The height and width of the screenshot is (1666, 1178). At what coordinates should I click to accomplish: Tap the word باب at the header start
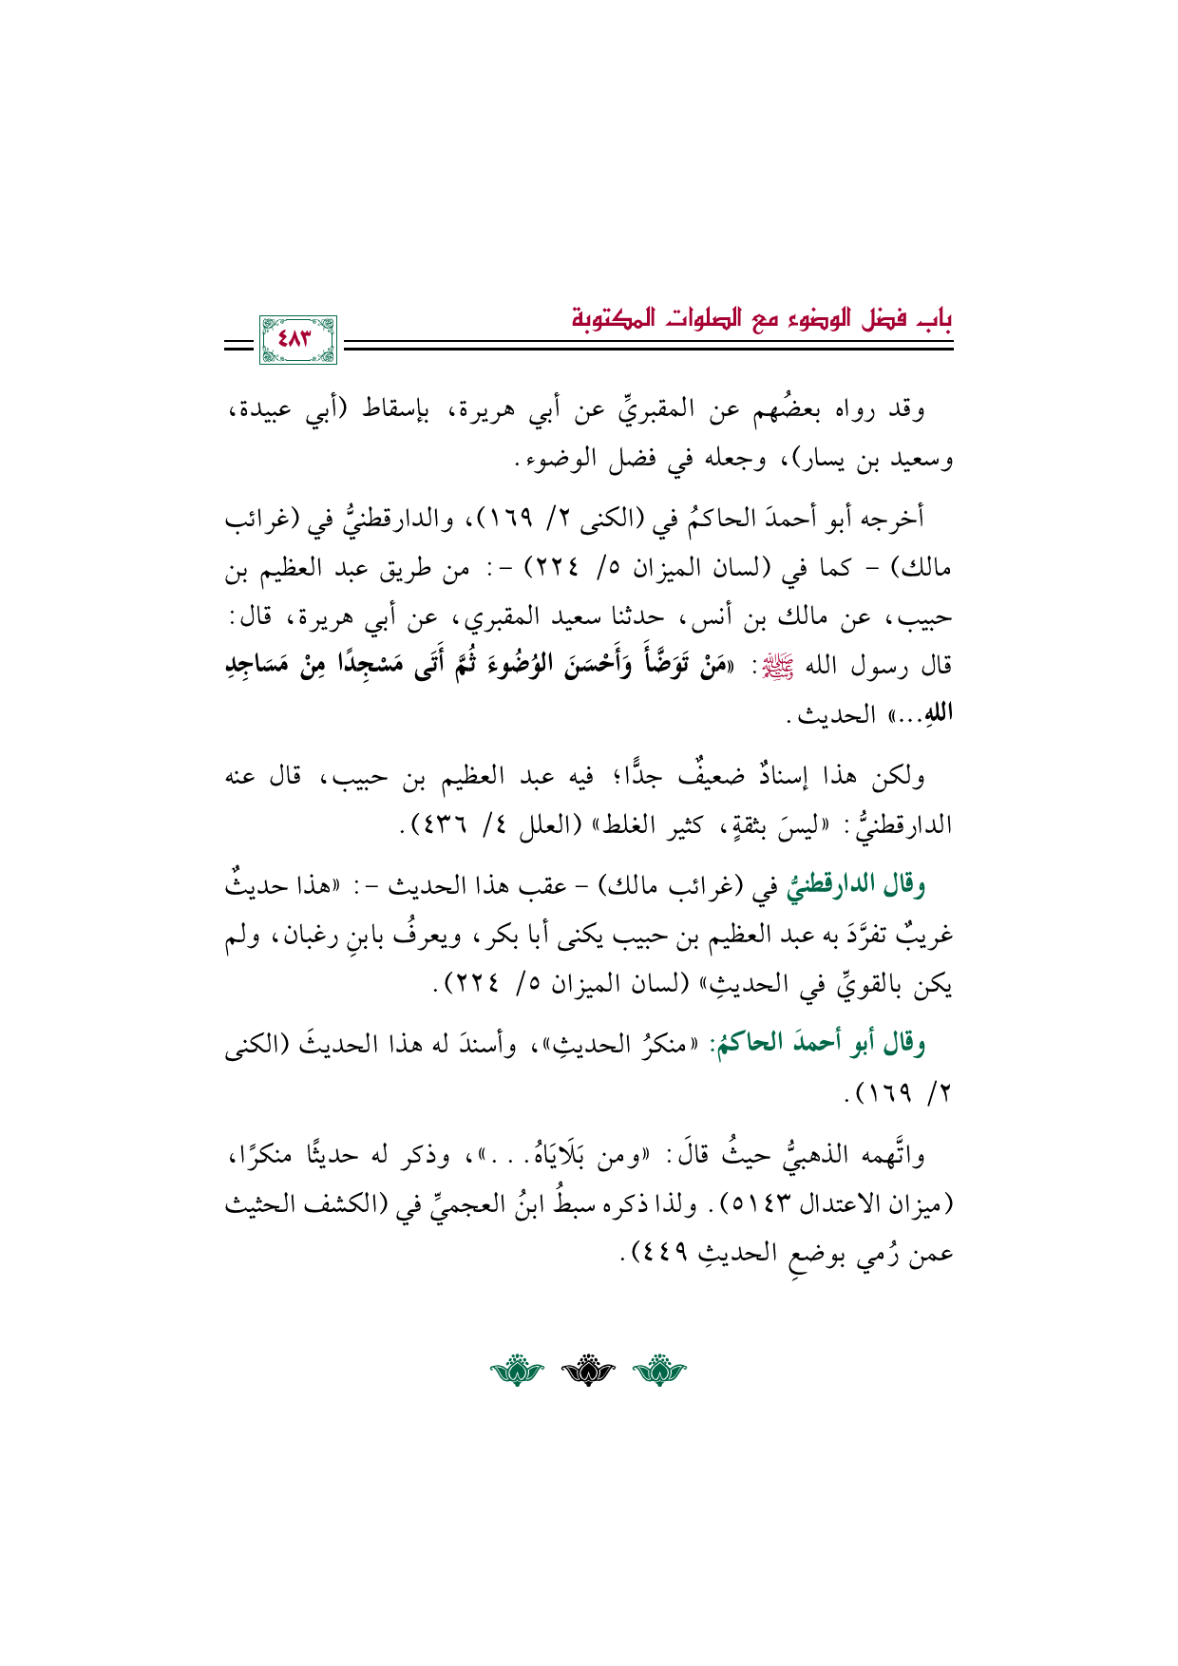point(936,316)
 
